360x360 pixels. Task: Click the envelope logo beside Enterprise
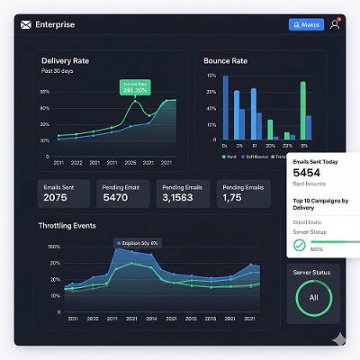click(x=25, y=24)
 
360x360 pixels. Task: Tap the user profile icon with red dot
click(x=335, y=24)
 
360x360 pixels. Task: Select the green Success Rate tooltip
click(x=136, y=88)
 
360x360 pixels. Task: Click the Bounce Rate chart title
click(x=226, y=60)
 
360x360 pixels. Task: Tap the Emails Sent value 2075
click(x=55, y=197)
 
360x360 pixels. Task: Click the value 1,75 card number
click(x=231, y=197)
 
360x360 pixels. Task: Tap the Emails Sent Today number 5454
click(x=307, y=173)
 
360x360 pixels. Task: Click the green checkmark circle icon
click(x=299, y=245)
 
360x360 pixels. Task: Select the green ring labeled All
click(x=313, y=296)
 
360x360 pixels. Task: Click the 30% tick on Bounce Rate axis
click(x=211, y=76)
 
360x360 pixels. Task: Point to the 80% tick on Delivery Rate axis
click(x=44, y=92)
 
